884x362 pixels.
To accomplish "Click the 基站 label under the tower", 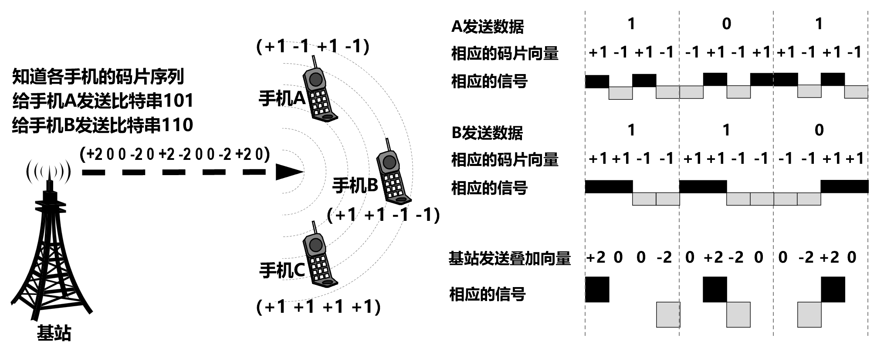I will pos(54,333).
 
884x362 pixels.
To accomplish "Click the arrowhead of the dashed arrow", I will pos(289,172).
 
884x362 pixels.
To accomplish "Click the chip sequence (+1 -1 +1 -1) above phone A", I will pos(313,46).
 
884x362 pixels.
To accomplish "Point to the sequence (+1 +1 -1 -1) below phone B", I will pos(383,215).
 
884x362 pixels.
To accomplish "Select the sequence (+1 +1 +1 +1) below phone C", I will pos(318,307).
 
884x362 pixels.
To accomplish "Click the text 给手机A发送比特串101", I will pos(103,101).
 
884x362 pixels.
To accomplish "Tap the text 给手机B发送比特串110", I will pos(103,125).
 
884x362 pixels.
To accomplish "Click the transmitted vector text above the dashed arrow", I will pos(175,154).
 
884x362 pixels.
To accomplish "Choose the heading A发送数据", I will pos(487,27).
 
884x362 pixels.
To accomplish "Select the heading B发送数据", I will pos(487,132).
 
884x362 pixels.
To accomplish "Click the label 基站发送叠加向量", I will pos(509,258).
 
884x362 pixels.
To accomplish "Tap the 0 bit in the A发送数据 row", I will pos(726,24).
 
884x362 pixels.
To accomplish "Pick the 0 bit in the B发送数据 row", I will pos(819,130).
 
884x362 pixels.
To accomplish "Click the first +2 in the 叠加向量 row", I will pos(596,257).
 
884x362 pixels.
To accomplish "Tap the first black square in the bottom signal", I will pos(597,289).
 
